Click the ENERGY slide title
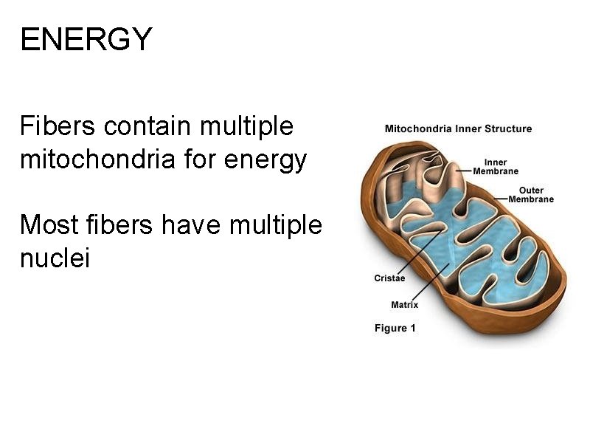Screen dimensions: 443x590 (x=86, y=39)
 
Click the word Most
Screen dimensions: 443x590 (x=46, y=224)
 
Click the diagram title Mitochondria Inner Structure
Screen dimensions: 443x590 (x=458, y=128)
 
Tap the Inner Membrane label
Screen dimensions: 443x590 (x=496, y=167)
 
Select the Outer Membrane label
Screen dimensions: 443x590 (x=531, y=195)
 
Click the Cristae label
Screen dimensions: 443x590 (x=390, y=278)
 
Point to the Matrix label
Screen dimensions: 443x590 (x=404, y=304)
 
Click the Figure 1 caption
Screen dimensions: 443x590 (x=395, y=328)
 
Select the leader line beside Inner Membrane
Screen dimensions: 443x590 (x=464, y=170)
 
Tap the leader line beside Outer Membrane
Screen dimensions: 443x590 (x=500, y=198)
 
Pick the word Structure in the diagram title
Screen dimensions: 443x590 (x=508, y=128)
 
